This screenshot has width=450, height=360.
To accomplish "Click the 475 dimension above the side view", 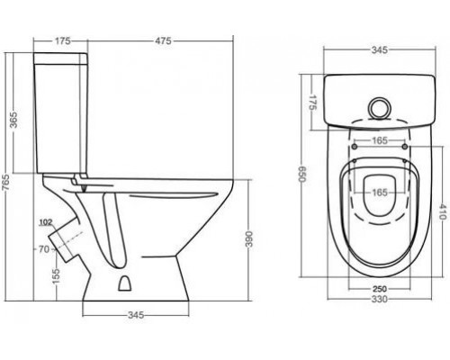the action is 164,40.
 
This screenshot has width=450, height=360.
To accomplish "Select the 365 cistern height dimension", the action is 13,119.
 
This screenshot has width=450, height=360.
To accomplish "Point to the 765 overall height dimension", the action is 5,183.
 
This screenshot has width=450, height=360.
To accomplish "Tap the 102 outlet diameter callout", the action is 46,222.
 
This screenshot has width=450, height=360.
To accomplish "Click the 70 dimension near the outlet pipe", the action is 44,249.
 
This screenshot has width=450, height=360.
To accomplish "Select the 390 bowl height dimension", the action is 249,239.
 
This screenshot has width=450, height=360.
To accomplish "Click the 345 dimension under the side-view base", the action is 136,315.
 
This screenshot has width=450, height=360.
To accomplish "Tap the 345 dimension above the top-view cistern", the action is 380,50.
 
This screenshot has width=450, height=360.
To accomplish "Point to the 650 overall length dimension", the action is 301,175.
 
